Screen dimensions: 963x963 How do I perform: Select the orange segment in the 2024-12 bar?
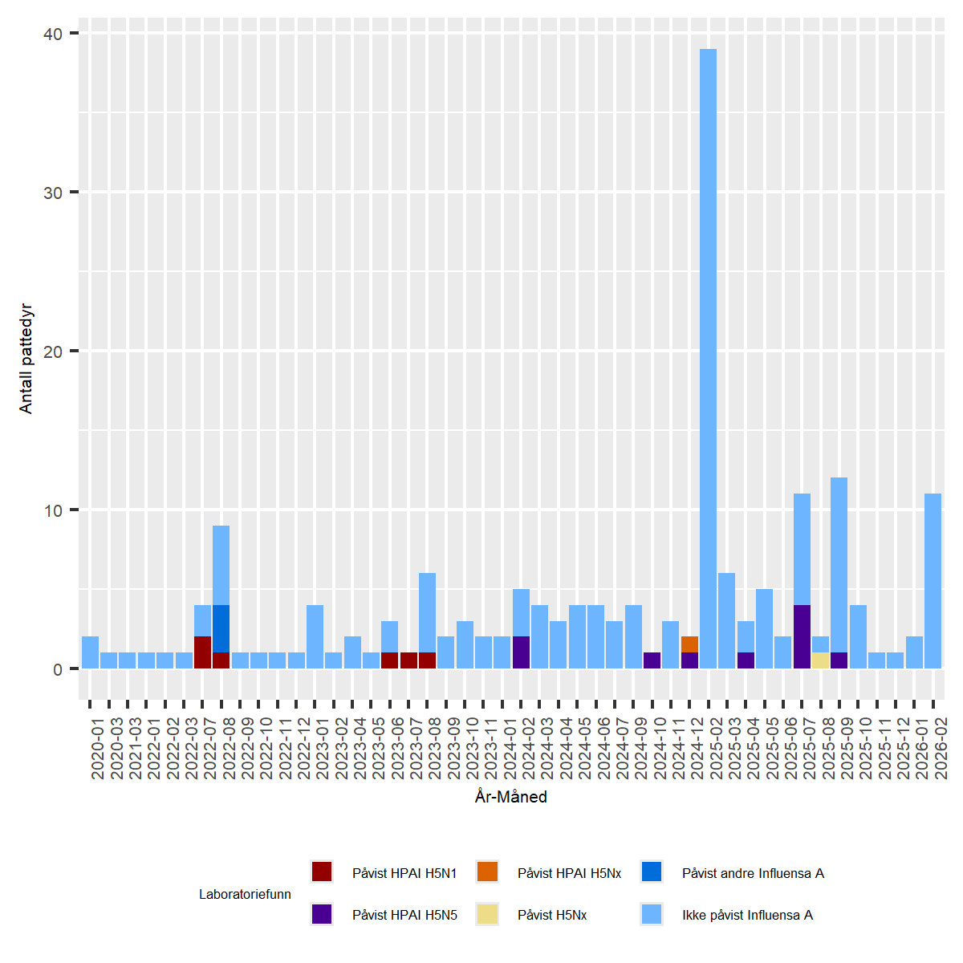click(689, 644)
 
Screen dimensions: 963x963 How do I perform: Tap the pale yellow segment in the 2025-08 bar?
click(820, 660)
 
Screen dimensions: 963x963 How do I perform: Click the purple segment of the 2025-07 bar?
click(802, 636)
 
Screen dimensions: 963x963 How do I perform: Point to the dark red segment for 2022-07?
click(202, 652)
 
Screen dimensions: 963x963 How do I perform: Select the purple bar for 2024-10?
click(652, 660)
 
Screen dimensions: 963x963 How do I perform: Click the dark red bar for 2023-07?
click(408, 660)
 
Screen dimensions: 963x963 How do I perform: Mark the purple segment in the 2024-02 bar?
click(521, 652)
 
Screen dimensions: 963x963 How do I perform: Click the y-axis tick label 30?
click(53, 193)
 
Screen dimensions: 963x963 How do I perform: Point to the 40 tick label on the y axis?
click(53, 34)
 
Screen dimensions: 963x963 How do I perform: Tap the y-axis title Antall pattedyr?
click(26, 358)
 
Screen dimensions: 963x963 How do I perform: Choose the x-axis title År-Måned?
click(510, 797)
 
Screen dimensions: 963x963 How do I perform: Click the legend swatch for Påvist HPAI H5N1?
click(322, 872)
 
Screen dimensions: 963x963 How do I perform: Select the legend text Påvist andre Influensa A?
click(753, 873)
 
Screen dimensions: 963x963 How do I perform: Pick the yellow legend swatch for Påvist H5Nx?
click(487, 914)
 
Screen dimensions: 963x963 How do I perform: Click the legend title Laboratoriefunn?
click(245, 894)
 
